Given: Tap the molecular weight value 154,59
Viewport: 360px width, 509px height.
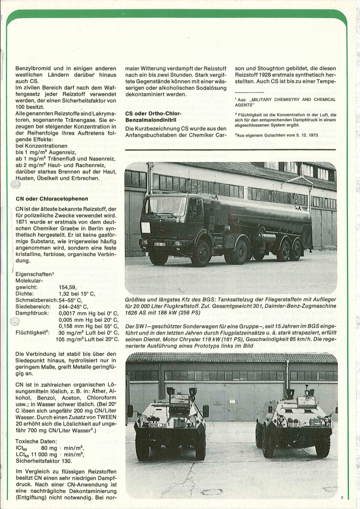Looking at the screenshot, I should click(69, 287).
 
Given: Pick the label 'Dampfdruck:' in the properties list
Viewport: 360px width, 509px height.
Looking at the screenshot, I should click(34, 313).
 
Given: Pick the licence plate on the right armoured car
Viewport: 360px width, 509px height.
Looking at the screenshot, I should click(296, 424).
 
